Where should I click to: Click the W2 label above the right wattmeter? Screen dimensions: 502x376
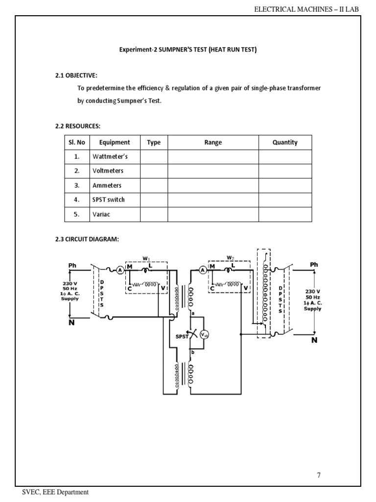coord(230,257)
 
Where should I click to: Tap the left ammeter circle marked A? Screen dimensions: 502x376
coord(120,269)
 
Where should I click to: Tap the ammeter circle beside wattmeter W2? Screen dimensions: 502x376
coord(202,269)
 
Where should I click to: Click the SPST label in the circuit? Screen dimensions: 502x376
coord(182,337)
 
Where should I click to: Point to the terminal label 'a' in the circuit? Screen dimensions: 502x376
coord(193,313)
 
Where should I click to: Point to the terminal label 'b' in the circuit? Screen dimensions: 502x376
coord(193,352)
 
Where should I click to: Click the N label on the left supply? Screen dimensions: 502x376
coord(71,324)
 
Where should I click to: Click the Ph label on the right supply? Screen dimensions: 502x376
coord(314,265)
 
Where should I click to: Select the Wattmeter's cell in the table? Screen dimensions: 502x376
coord(110,157)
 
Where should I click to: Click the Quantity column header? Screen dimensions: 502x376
coord(285,142)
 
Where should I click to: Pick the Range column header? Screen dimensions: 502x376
coord(213,142)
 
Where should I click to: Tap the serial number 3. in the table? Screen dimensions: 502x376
coord(77,185)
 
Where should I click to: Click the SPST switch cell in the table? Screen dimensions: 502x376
coord(108,200)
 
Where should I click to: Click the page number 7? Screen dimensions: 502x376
coord(319,475)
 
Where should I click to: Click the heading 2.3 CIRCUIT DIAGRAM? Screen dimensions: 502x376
coord(87,239)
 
